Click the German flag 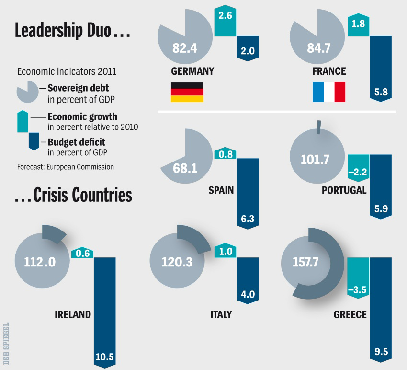[187, 92]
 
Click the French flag [329, 92]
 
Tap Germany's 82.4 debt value [186, 48]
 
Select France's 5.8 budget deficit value [381, 92]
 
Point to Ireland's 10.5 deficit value [104, 357]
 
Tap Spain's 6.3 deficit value [248, 219]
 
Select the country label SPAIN [221, 190]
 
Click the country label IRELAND [73, 315]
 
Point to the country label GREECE [350, 315]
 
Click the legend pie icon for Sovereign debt [28, 92]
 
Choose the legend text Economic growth [82, 117]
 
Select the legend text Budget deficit [76, 142]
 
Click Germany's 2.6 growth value [225, 16]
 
